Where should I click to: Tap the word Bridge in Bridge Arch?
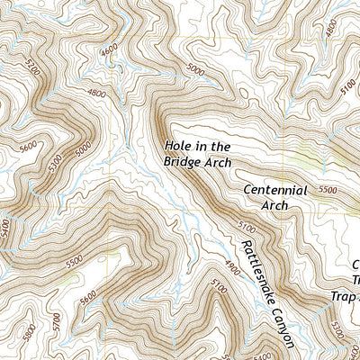(x=181, y=162)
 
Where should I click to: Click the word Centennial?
(x=276, y=190)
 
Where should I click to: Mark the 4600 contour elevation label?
(x=109, y=54)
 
